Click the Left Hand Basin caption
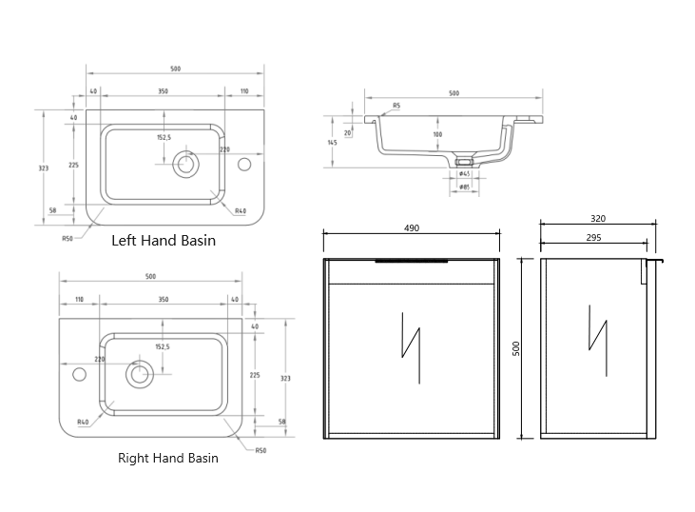coord(164,241)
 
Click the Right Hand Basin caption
coord(167,458)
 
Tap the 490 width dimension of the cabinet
coord(412,228)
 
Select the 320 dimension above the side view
coord(597,219)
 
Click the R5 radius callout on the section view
coord(396,106)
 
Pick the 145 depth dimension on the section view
coord(332,143)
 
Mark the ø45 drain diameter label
coord(464,174)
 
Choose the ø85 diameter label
coord(464,187)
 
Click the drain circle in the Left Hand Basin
coord(184,165)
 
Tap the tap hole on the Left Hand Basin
coord(244,165)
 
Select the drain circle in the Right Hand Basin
coord(140,373)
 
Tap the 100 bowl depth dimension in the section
coord(437,134)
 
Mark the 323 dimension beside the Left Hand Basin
coord(44,167)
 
